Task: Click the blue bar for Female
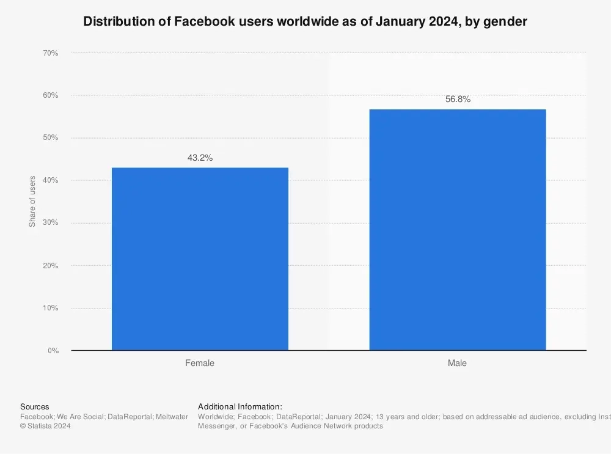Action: pyautogui.click(x=200, y=258)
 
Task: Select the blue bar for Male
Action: pyautogui.click(x=457, y=230)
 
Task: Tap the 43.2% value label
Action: pyautogui.click(x=200, y=158)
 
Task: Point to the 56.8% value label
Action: pyautogui.click(x=458, y=100)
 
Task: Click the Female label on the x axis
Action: pyautogui.click(x=200, y=363)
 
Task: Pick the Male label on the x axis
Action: pyautogui.click(x=457, y=363)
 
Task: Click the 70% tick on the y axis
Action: pyautogui.click(x=50, y=53)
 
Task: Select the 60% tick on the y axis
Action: pyautogui.click(x=50, y=95)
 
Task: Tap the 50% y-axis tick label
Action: pyautogui.click(x=50, y=138)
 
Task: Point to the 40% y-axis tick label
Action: pyautogui.click(x=50, y=180)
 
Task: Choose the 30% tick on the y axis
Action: pyautogui.click(x=50, y=223)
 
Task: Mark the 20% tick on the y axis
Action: pyautogui.click(x=50, y=266)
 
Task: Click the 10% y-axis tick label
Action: pyautogui.click(x=50, y=308)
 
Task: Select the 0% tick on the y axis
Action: pyautogui.click(x=53, y=351)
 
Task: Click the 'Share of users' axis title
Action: pyautogui.click(x=32, y=202)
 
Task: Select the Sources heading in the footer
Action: pyautogui.click(x=35, y=407)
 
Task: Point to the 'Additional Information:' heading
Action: pyautogui.click(x=240, y=407)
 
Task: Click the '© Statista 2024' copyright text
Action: pyautogui.click(x=45, y=427)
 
